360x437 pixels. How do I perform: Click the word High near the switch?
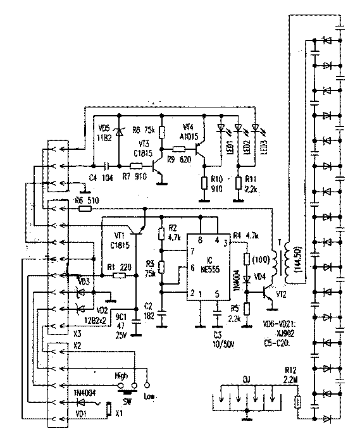(x=121, y=375)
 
